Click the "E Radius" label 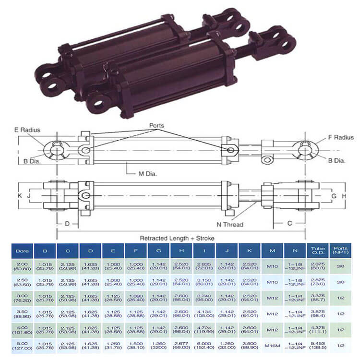pos(28,130)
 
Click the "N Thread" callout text pos(230,224)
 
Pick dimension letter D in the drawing pos(68,223)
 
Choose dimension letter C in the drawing pos(290,223)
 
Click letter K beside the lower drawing pos(21,196)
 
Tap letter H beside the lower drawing pos(344,196)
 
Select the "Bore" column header pos(22,251)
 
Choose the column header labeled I pos(204,251)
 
